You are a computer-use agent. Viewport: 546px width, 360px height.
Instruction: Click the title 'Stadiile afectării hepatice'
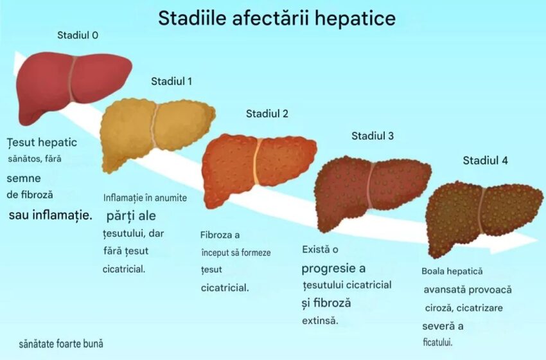[x=277, y=18]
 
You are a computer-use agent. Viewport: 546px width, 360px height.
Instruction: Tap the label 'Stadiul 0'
[x=78, y=35]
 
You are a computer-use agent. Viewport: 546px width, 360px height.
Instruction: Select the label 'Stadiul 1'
[x=172, y=81]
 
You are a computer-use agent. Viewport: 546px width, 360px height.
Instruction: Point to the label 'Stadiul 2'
[x=267, y=114]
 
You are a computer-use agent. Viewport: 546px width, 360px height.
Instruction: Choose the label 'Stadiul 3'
[x=373, y=136]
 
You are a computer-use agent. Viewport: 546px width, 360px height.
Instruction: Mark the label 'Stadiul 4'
[x=485, y=160]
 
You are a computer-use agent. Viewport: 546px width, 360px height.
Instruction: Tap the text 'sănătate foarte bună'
[x=61, y=344]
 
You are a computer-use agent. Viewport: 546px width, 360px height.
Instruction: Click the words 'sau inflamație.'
[x=50, y=214]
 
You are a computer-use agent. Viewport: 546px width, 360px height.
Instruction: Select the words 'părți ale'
[x=131, y=216]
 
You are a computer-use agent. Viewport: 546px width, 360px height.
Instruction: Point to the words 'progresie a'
[x=333, y=268]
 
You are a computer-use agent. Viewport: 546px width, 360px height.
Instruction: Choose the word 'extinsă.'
[x=319, y=320]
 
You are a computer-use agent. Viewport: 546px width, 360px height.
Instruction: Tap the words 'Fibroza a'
[x=220, y=235]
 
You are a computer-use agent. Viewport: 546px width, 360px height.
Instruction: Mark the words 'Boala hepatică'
[x=452, y=271]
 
